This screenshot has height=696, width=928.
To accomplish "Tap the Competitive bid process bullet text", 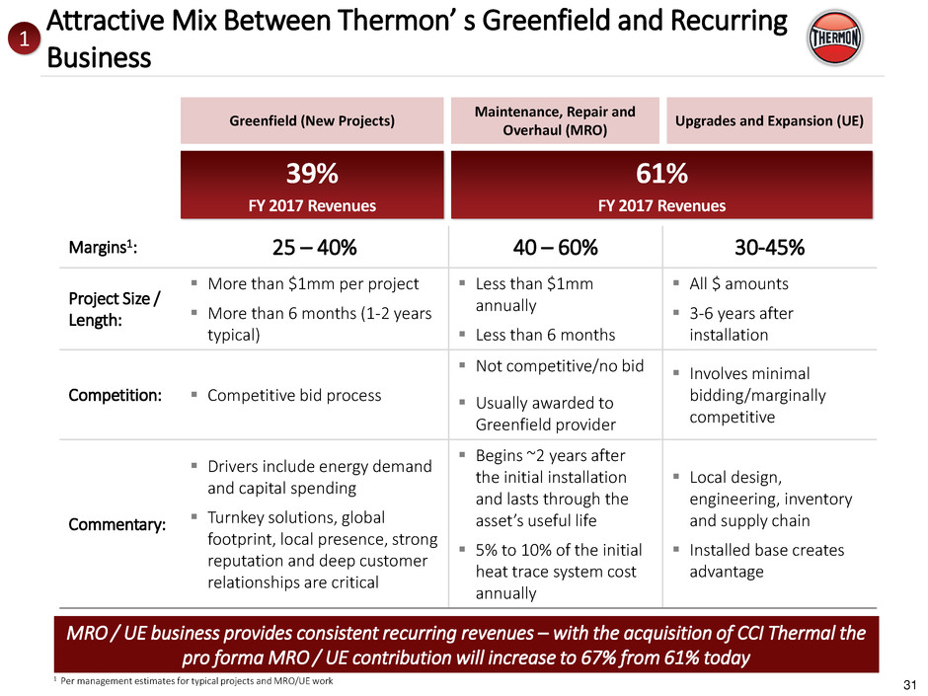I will (294, 395).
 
